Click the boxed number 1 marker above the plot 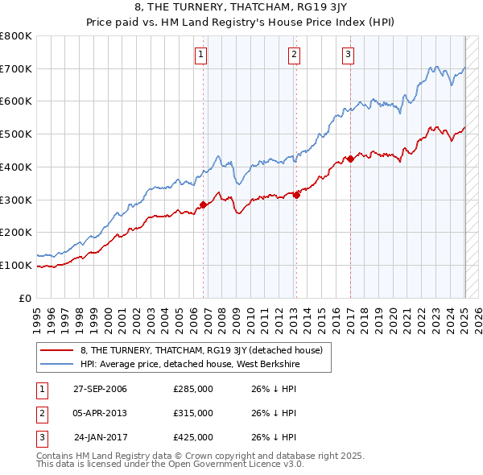point(200,55)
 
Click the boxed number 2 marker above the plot point(294,55)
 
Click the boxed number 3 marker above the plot point(348,55)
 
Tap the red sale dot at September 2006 point(203,204)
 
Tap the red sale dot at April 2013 point(296,194)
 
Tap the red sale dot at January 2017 point(351,159)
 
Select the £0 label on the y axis point(26,298)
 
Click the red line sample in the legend point(57,350)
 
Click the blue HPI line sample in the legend point(57,364)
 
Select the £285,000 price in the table point(193,389)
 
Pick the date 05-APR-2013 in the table point(100,413)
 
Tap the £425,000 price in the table point(193,437)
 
